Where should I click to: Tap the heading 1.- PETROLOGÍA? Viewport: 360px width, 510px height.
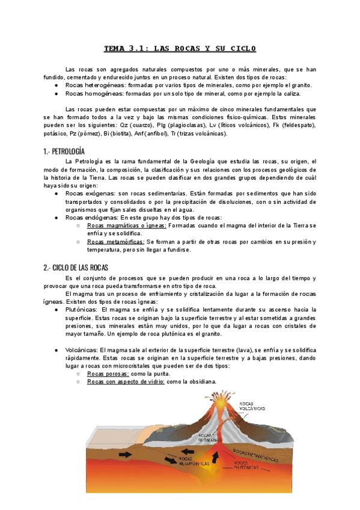tap(64, 151)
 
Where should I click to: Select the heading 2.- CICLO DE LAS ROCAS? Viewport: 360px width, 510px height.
tap(76, 268)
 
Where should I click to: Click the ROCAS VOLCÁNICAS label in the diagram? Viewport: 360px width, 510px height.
tap(252, 407)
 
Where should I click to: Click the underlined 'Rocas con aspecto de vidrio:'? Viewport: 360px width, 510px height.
tap(126, 381)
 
